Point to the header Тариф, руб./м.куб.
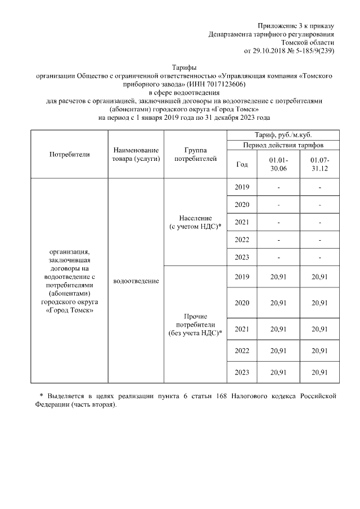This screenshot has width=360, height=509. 283,136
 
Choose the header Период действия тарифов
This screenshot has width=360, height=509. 283,145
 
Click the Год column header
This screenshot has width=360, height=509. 242,164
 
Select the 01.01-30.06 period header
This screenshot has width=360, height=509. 278,164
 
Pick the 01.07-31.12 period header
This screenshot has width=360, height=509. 319,164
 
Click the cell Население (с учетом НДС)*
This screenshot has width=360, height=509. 195,222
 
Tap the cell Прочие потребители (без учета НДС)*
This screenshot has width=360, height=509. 195,325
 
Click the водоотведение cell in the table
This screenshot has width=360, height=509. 136,281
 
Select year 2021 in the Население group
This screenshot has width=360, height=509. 242,222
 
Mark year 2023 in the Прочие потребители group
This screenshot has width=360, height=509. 242,372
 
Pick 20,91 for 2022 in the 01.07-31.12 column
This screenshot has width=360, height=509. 319,350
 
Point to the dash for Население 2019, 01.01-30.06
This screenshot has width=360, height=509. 278,187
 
